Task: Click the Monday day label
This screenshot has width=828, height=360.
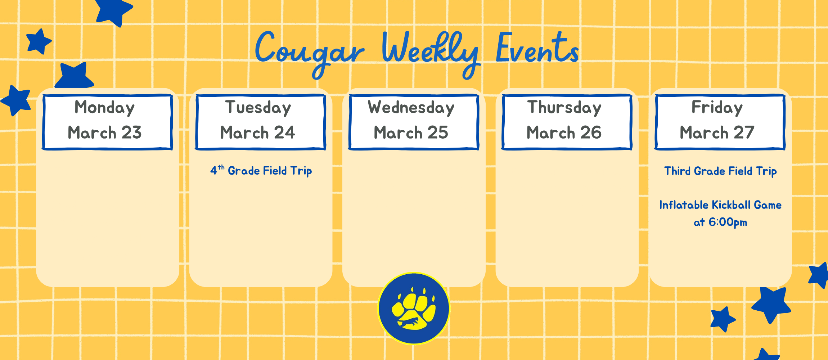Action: [104, 108]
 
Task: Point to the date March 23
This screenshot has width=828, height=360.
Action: [104, 132]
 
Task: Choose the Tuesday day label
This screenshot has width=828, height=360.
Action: [258, 108]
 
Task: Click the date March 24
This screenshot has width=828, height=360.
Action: [258, 132]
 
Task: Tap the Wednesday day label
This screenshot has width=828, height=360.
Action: [411, 108]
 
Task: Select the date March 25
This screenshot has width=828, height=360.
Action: [411, 132]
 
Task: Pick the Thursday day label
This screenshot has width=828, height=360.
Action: [564, 108]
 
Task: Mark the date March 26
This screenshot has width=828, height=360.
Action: [564, 132]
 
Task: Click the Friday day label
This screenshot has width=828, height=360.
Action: [717, 108]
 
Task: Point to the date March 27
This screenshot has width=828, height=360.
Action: [717, 132]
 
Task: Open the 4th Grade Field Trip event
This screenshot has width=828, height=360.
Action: [261, 171]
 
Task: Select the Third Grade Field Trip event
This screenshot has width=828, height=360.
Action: [720, 171]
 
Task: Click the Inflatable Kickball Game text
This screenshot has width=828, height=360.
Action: [720, 205]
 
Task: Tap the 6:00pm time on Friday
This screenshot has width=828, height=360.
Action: [727, 222]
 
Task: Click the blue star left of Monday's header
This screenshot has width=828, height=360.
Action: [16, 100]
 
